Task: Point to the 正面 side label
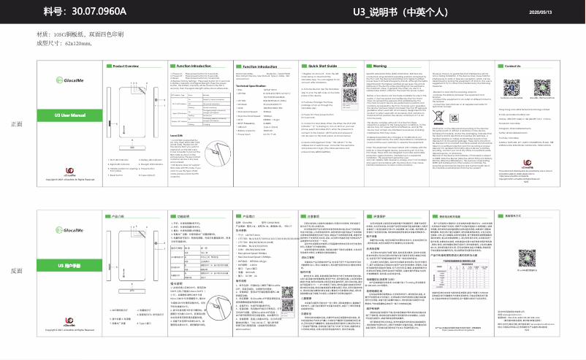coord(17,123)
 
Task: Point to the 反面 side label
coord(17,271)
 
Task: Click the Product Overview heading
coord(125,66)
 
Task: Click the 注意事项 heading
coord(314,216)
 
